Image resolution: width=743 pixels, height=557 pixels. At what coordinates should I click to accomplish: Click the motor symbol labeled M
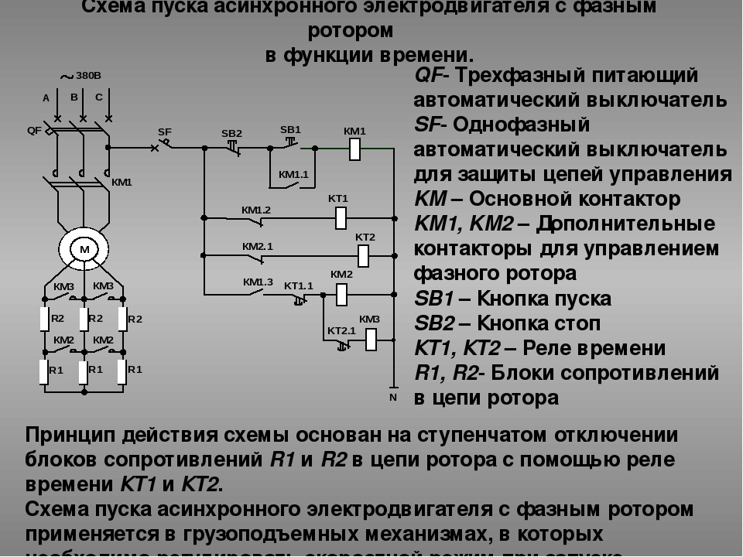point(84,248)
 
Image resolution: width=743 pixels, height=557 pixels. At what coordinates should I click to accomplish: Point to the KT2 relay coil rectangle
point(365,254)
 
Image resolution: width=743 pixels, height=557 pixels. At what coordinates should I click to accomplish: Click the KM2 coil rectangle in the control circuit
point(341,292)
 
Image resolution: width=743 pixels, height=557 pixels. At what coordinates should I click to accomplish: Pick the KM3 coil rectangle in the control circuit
point(370,338)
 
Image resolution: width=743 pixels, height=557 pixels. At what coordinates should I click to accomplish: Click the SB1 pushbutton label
point(290,128)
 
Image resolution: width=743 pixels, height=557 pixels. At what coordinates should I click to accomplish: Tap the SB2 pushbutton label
point(231,133)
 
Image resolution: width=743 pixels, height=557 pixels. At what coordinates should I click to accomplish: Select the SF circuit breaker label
point(165,132)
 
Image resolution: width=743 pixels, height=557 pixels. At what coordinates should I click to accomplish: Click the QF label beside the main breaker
point(34,130)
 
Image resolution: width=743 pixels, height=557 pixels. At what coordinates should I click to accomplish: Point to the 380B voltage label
point(88,76)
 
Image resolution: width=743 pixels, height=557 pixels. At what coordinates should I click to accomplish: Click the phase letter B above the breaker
point(74,97)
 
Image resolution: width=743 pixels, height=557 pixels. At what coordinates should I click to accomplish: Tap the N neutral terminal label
point(392,397)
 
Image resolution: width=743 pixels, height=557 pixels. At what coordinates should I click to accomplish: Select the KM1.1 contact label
point(293,174)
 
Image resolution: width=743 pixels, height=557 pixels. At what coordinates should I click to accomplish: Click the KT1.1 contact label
point(299,285)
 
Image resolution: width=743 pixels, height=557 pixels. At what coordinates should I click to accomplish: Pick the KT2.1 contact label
point(341,330)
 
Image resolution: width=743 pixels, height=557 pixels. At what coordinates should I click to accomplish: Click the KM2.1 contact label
point(258,246)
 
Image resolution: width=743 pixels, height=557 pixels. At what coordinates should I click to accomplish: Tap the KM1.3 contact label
point(258,282)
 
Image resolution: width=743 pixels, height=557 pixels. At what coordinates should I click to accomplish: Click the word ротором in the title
point(351,31)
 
